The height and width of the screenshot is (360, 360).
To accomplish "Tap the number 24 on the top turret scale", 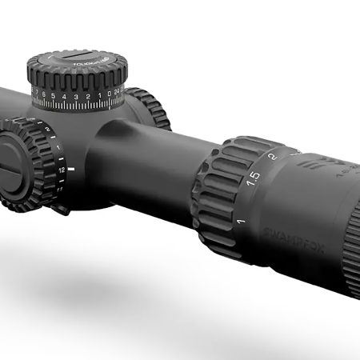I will point(118,94).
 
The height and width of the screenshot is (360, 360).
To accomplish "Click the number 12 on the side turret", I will point(62,170).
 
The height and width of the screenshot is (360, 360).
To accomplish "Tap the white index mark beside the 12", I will point(72,170).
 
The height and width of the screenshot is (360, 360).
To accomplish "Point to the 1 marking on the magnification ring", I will point(241,218).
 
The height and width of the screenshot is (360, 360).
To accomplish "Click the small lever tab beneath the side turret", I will point(60,210).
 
